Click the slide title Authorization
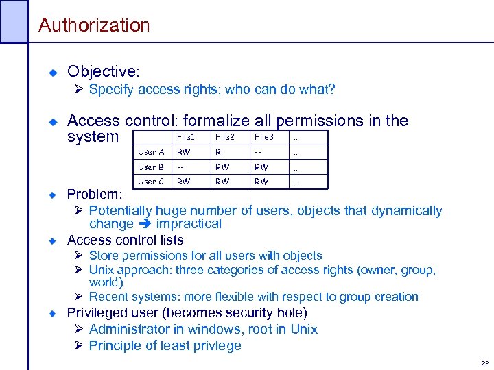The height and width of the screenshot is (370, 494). pyautogui.click(x=94, y=25)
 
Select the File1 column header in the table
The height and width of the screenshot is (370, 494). pyautogui.click(x=186, y=137)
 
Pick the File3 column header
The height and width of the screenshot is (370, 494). pyautogui.click(x=263, y=137)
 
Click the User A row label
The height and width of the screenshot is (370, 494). pyautogui.click(x=151, y=152)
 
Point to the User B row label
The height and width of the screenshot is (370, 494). pyautogui.click(x=151, y=166)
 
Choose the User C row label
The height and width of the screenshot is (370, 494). pyautogui.click(x=151, y=182)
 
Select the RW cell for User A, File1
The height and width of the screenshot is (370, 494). pyautogui.click(x=183, y=152)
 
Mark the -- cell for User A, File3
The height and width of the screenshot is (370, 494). pyautogui.click(x=258, y=152)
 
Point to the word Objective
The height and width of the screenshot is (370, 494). pyautogui.click(x=102, y=72)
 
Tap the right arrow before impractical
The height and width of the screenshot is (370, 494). pyautogui.click(x=145, y=224)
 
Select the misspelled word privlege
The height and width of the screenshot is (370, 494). pyautogui.click(x=216, y=345)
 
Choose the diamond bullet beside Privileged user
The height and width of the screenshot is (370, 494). pyautogui.click(x=51, y=313)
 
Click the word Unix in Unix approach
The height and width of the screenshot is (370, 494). pyautogui.click(x=104, y=269)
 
